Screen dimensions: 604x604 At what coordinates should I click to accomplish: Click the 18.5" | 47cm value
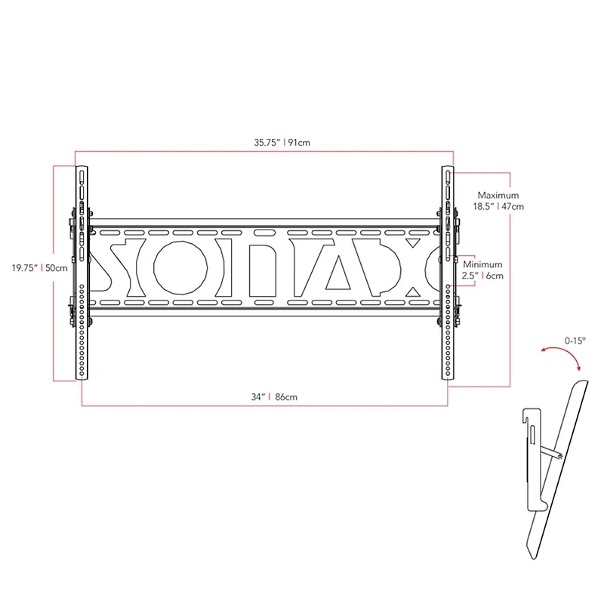coord(498,205)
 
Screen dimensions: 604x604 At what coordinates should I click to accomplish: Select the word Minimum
coord(483,265)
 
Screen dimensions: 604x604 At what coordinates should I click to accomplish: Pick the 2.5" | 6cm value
coord(483,276)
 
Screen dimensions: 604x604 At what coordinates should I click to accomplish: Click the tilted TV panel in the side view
coord(562,468)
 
